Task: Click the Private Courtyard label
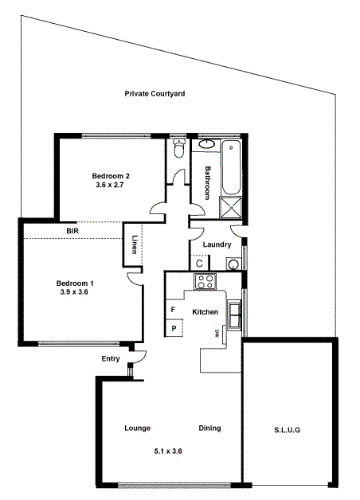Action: pos(155,93)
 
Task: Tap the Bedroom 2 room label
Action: pos(110,175)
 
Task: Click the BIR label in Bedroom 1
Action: pos(72,232)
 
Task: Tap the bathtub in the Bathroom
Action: pos(232,167)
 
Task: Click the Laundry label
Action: pos(217,244)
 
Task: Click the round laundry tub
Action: pos(234,264)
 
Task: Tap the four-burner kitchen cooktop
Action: pos(205,281)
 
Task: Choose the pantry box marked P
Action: pos(173,327)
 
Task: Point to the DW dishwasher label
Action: pos(216,334)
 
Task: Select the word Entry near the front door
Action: pos(111,359)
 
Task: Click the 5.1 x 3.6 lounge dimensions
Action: pos(168,451)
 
